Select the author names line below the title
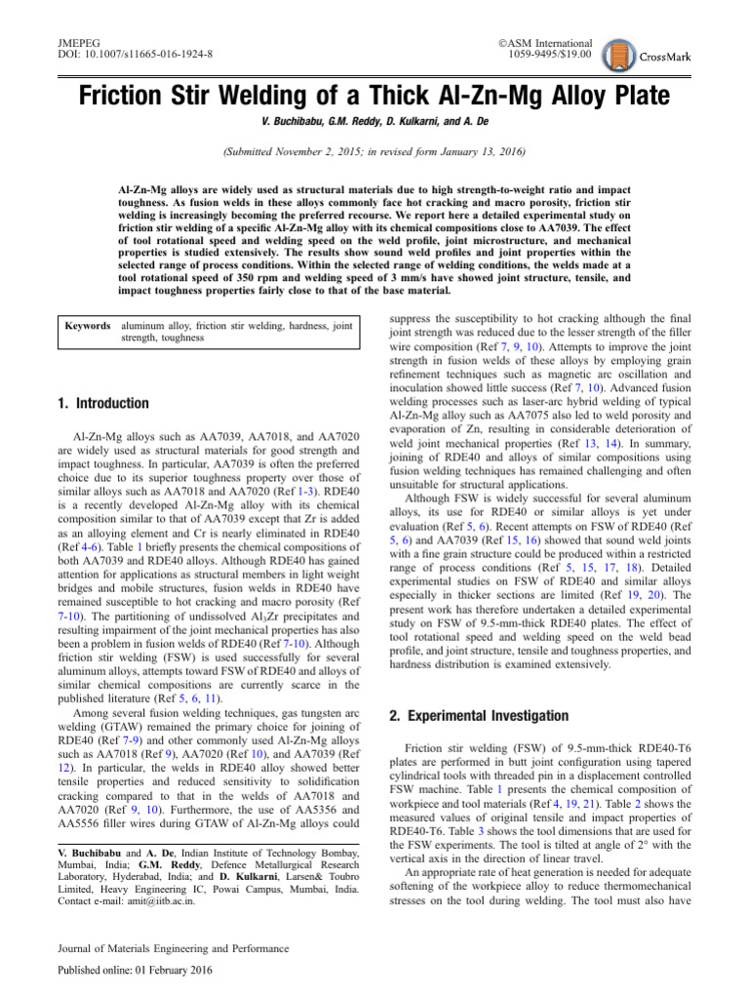[374, 127]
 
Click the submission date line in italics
[374, 152]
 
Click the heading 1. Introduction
[103, 404]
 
